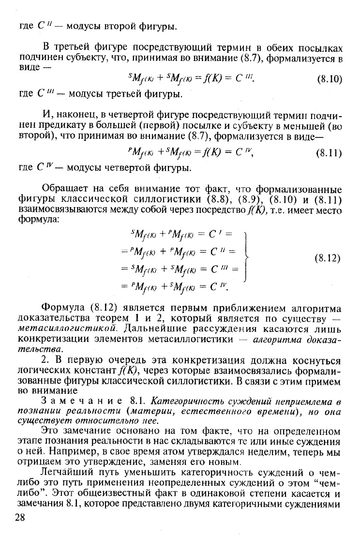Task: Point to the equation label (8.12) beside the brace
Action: [328, 258]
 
